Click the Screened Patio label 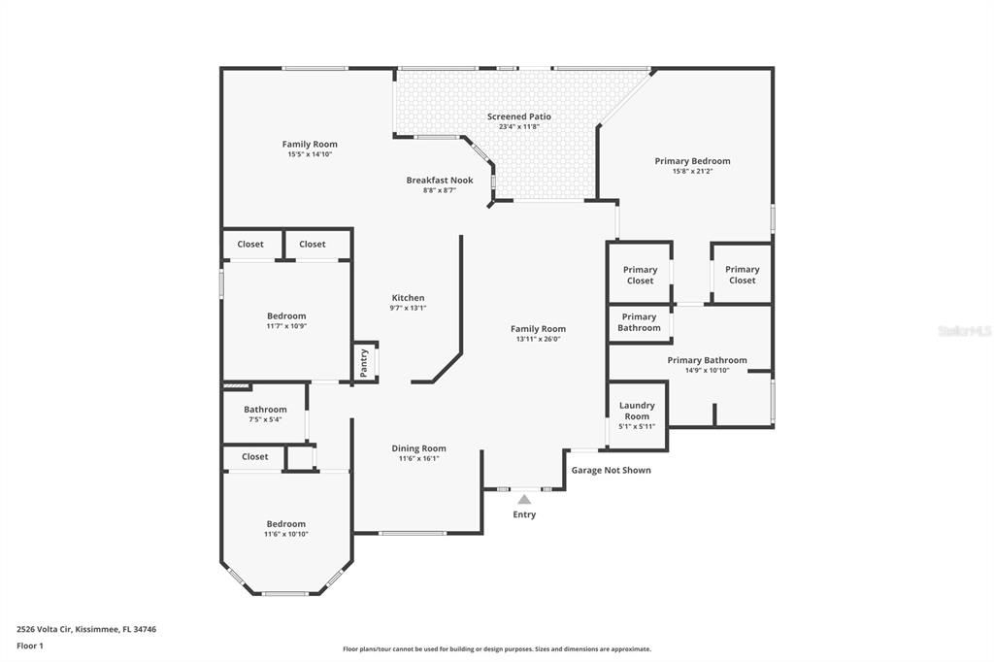coord(519,116)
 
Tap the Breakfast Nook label coord(440,181)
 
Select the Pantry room coord(365,363)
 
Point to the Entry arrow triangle coord(524,500)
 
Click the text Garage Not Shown coord(611,471)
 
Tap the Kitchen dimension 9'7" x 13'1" coord(408,309)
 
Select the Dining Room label coord(419,448)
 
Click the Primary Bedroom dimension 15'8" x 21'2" coord(692,172)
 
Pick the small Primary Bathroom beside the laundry coord(639,322)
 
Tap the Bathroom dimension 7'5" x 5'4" coord(265,420)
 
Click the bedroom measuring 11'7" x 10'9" coord(286,320)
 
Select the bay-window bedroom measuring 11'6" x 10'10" coord(286,529)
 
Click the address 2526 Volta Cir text coord(86,629)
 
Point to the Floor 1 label coord(30,645)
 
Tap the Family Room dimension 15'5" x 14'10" coord(310,154)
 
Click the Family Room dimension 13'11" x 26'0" coord(538,340)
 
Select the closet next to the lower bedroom coord(255,457)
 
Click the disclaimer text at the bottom coord(497,649)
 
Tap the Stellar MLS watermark coord(964,331)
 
